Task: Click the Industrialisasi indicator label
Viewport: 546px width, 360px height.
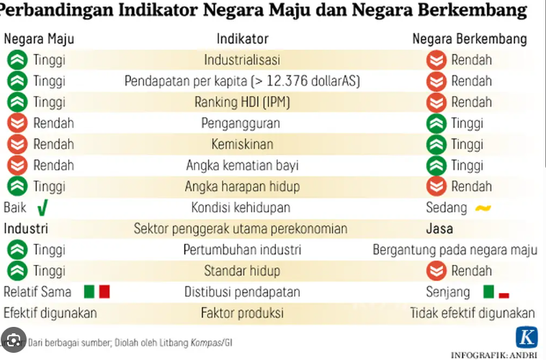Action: (242, 60)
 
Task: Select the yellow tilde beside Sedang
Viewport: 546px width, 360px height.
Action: (482, 209)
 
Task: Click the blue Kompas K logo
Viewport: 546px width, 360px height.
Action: (527, 338)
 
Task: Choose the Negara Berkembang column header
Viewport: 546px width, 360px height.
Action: (469, 39)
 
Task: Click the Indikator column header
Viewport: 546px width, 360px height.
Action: (243, 39)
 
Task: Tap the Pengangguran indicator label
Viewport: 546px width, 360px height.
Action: (241, 123)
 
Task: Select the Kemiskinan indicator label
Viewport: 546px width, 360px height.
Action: (242, 144)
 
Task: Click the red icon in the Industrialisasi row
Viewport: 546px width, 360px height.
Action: (436, 60)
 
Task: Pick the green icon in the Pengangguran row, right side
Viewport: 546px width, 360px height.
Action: (436, 123)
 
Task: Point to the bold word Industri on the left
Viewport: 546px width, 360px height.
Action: (26, 229)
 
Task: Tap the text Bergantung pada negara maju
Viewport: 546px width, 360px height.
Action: (455, 250)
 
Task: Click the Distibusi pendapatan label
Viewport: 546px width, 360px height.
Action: (242, 292)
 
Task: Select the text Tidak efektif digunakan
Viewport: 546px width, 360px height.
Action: (473, 313)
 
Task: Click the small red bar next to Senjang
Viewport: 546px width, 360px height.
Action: (504, 295)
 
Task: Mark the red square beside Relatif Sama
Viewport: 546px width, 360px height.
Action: (104, 292)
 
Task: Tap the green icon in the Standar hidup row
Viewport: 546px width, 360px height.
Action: (17, 271)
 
